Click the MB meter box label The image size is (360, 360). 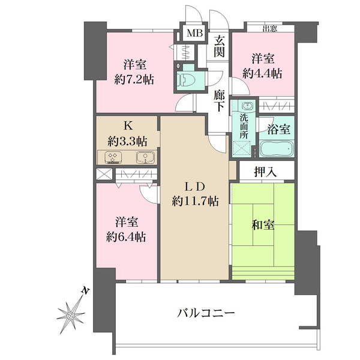(x=194, y=33)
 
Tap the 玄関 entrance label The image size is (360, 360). (x=219, y=47)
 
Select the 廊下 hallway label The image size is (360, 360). (x=219, y=101)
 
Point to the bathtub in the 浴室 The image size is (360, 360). (x=277, y=148)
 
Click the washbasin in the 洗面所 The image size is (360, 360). (x=247, y=107)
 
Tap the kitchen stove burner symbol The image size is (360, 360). (x=113, y=157)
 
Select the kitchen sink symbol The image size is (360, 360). (x=146, y=158)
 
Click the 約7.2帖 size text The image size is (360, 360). (x=134, y=79)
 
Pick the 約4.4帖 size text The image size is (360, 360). (x=262, y=73)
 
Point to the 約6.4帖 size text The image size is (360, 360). (x=126, y=236)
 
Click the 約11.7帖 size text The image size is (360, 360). (x=195, y=202)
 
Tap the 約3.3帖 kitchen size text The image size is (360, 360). (x=128, y=142)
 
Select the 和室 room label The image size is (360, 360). (x=263, y=225)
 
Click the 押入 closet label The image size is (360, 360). (x=265, y=172)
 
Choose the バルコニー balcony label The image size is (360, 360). (x=206, y=313)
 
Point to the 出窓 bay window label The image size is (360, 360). (x=270, y=29)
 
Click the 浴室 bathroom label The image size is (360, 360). (x=279, y=129)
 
